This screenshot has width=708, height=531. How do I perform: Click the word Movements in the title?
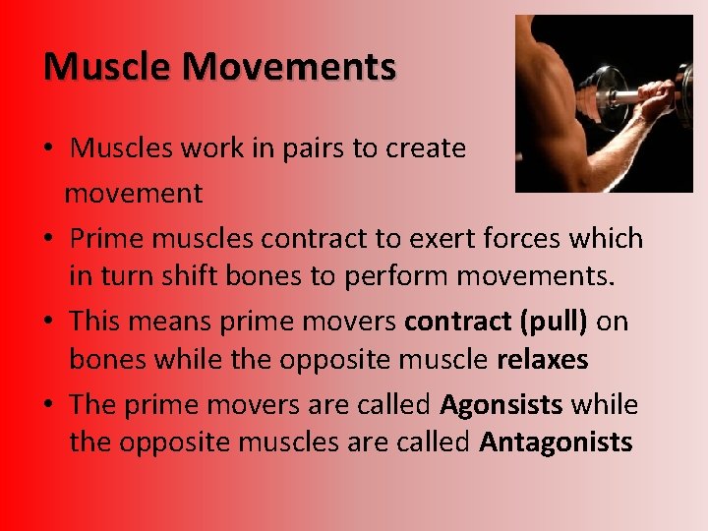pos(289,67)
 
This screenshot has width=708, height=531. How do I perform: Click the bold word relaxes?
pos(542,361)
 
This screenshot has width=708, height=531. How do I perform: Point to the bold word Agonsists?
pos(502,405)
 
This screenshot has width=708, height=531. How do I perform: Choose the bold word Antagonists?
pos(556,443)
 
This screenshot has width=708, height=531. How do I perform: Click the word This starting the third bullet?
pos(95,322)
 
